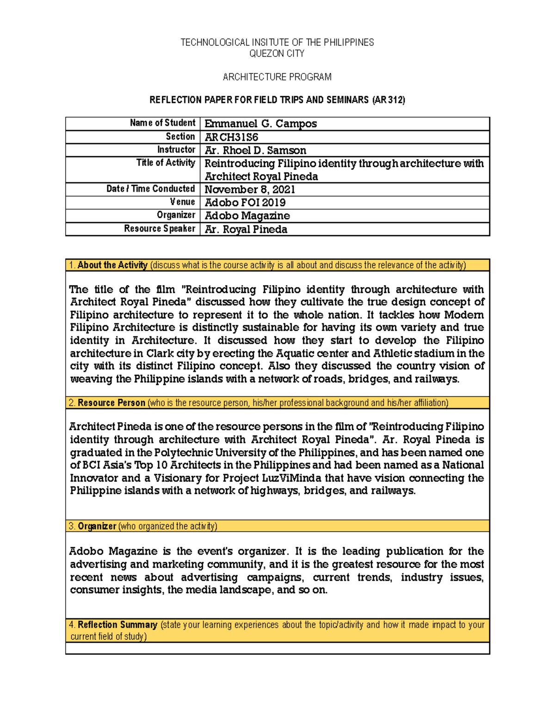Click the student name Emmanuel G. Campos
[x=260, y=124]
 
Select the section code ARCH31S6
[x=231, y=137]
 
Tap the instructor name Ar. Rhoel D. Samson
[x=255, y=150]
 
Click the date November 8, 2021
[x=250, y=190]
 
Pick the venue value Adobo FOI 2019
[x=245, y=203]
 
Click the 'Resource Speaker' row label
[x=160, y=229]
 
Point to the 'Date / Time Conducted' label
[x=151, y=189]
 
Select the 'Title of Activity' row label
[x=166, y=163]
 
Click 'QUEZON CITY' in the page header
[x=277, y=54]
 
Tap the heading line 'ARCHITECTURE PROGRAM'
[x=277, y=77]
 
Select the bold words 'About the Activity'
[x=112, y=265]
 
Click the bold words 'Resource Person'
[x=111, y=403]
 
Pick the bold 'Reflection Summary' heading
[x=117, y=625]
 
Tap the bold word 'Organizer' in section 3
[x=97, y=527]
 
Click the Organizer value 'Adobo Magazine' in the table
[x=247, y=216]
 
